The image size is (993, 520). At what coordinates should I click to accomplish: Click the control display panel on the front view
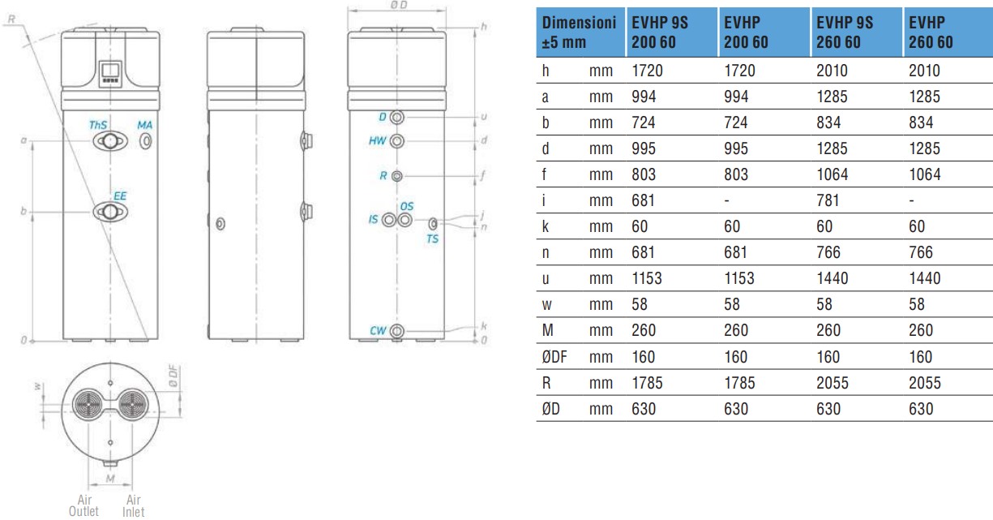(110, 73)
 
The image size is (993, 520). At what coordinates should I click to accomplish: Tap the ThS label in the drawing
(98, 125)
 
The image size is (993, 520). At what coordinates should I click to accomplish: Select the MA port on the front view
(145, 141)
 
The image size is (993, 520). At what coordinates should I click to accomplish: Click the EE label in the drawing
(120, 196)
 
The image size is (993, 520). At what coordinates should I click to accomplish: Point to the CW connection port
(396, 331)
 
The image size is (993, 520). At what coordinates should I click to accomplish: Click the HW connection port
(396, 141)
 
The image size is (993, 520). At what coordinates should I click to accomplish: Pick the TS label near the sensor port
(432, 239)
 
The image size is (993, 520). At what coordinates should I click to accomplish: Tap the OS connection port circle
(404, 220)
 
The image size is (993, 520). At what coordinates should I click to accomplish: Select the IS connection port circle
(389, 220)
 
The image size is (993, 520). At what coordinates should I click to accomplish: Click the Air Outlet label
(83, 505)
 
